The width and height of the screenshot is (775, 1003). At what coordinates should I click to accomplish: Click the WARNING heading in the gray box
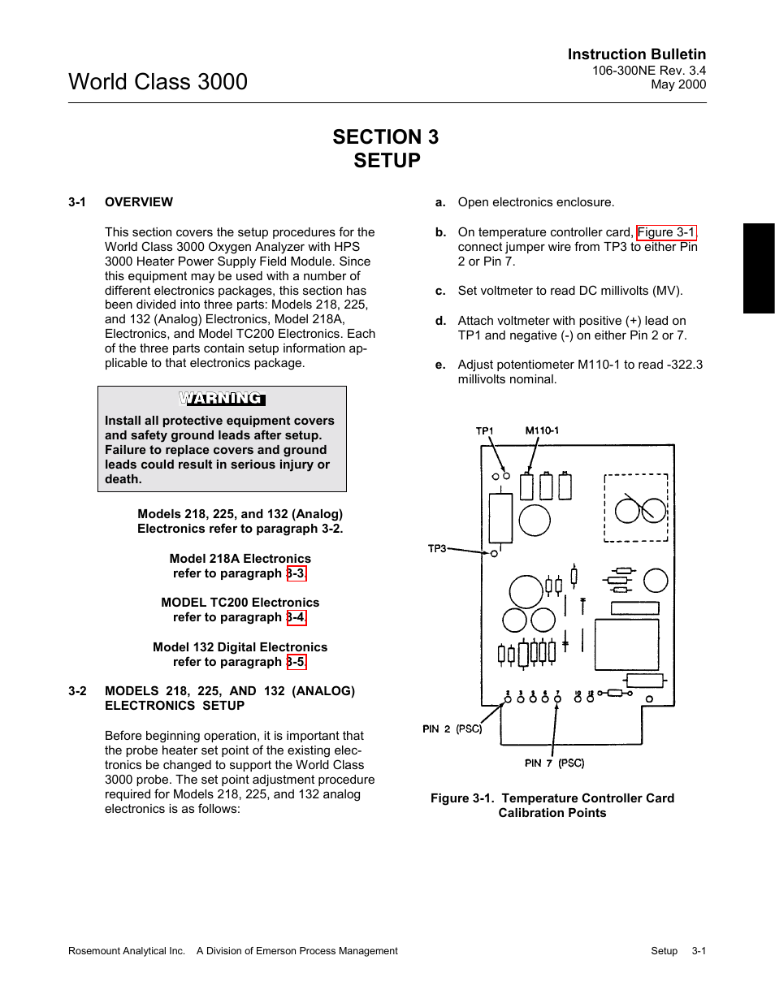(x=222, y=398)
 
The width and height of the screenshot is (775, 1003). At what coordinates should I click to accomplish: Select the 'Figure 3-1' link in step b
(x=666, y=232)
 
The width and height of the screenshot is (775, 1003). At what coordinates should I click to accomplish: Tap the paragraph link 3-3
(x=297, y=573)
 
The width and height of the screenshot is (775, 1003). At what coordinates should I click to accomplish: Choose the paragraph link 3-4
(x=297, y=617)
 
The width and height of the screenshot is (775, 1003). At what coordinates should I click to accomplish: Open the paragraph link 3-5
(x=297, y=662)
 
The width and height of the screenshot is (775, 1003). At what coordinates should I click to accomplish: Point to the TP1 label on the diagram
(x=484, y=430)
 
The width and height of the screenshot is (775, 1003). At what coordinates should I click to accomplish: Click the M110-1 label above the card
(x=542, y=430)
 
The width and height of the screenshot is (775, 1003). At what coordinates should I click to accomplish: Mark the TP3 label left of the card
(x=437, y=548)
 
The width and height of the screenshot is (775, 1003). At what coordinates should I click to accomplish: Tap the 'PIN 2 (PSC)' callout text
(x=452, y=729)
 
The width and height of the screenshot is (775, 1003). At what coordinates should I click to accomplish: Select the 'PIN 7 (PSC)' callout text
(x=554, y=763)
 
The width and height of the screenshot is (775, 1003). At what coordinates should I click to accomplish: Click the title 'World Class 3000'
(x=158, y=82)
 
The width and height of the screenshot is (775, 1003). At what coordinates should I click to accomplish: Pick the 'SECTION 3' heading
(x=386, y=137)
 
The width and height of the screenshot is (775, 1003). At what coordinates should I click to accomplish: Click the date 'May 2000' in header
(x=678, y=84)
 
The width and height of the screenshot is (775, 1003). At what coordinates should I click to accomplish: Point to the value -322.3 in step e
(x=685, y=365)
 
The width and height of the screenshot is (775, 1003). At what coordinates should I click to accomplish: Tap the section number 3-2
(x=77, y=691)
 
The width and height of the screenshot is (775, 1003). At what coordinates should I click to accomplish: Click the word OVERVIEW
(x=139, y=202)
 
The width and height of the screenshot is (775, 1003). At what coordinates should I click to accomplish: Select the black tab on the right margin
(x=759, y=268)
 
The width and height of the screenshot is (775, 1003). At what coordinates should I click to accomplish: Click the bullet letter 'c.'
(x=440, y=291)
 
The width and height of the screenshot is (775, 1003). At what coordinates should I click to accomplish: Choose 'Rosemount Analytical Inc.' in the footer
(x=127, y=951)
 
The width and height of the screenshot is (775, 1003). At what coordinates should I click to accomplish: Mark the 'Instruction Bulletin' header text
(x=637, y=54)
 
